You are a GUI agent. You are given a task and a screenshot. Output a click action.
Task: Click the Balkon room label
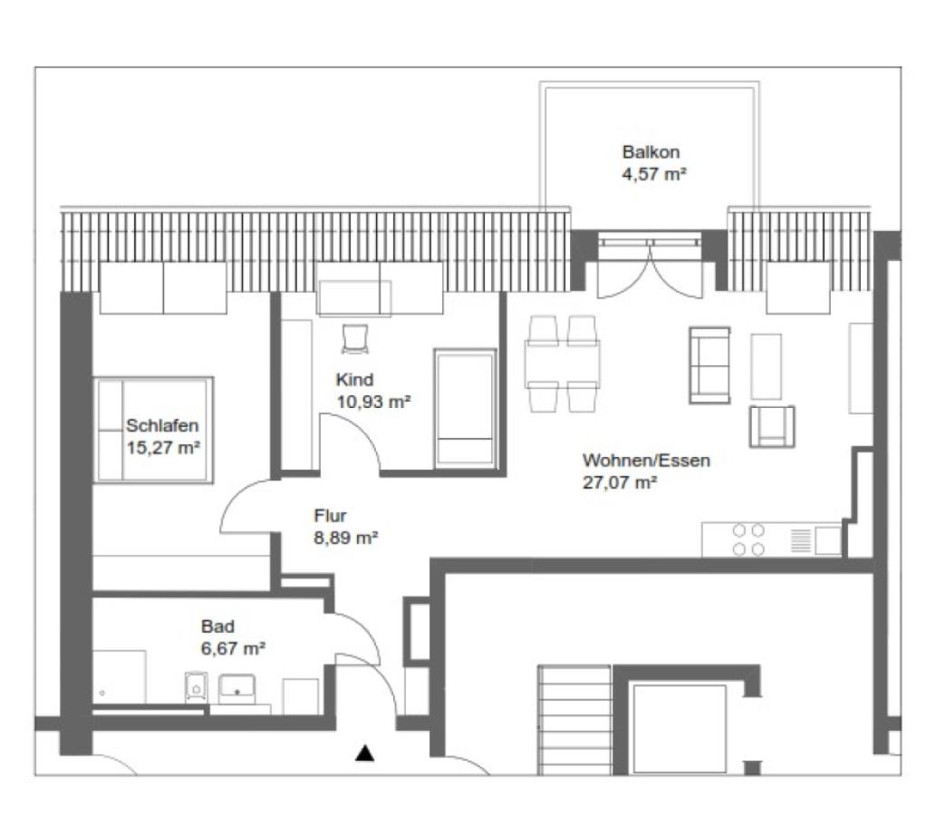click(651, 152)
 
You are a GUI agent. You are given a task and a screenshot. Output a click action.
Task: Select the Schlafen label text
click(162, 425)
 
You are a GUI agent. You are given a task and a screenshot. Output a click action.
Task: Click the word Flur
click(330, 517)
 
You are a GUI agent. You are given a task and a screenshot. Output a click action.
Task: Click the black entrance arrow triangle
click(365, 753)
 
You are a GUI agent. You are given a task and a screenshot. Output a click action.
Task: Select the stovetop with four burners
click(748, 539)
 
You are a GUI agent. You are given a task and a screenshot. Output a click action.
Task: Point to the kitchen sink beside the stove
click(827, 540)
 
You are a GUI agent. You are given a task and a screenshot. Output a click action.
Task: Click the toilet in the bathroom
click(196, 688)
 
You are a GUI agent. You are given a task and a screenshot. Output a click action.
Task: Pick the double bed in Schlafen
click(154, 430)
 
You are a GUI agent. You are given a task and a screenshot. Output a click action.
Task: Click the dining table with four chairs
click(562, 363)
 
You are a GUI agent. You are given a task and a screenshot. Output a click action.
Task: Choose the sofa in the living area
click(709, 364)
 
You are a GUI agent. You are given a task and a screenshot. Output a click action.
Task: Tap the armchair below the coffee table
click(771, 426)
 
